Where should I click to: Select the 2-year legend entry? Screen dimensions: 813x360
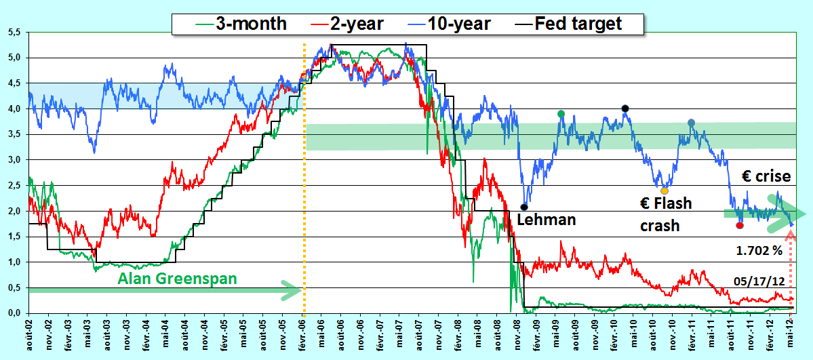tap(345, 23)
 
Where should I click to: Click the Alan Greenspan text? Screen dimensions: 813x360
tap(178, 279)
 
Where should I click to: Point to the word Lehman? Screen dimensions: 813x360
tap(547, 220)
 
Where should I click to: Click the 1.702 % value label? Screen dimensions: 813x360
tap(759, 251)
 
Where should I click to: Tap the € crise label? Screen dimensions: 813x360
tap(766, 177)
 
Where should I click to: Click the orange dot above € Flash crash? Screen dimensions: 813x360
tap(665, 191)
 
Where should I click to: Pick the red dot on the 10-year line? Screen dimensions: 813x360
tap(740, 226)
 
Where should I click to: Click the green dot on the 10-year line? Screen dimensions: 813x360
tap(561, 114)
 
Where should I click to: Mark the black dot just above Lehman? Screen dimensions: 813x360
tap(523, 207)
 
